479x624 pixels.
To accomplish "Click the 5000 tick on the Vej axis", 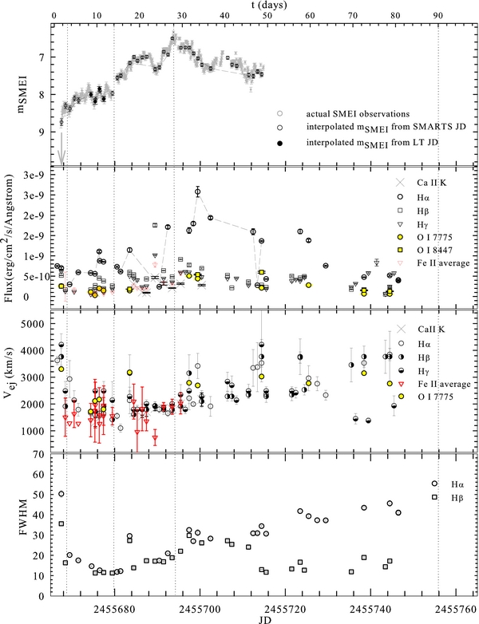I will coord(32,324).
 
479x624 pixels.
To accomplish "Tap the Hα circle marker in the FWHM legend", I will coord(434,484).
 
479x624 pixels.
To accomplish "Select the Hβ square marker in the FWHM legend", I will coord(434,497).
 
